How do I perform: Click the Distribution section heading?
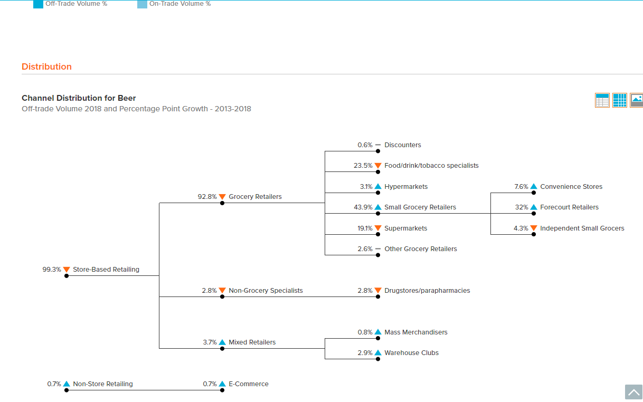pos(46,66)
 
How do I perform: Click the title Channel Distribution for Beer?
pos(79,98)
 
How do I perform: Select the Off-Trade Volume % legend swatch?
pos(38,4)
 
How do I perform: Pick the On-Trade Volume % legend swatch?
pos(142,4)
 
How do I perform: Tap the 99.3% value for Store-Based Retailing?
pos(52,270)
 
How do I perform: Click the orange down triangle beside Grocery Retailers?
pos(222,197)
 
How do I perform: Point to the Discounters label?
pos(403,145)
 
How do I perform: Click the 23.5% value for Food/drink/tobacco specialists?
pos(363,166)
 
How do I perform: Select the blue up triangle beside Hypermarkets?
pos(378,186)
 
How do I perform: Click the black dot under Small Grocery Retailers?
pos(378,214)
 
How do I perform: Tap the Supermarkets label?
pos(405,228)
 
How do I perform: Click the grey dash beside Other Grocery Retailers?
pos(378,249)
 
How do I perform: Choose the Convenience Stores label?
pos(571,187)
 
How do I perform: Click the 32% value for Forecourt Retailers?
pos(522,207)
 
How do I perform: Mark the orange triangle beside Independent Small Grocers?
pos(534,228)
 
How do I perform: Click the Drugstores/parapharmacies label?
pos(427,291)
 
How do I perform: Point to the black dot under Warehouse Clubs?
pos(378,359)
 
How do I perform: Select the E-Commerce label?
pos(249,384)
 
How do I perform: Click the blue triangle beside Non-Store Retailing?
pos(67,384)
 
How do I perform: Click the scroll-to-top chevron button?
pos(633,392)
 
